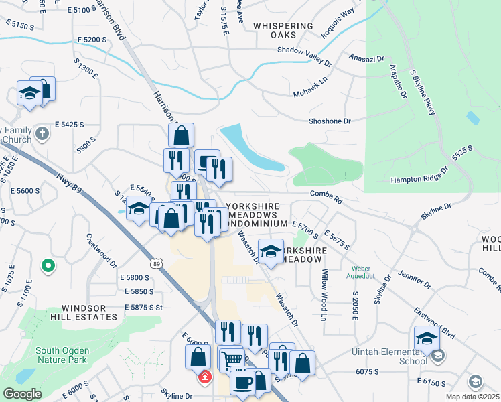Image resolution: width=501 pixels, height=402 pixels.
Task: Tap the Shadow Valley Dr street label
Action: (305, 54)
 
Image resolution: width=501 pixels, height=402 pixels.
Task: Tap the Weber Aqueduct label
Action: (360, 271)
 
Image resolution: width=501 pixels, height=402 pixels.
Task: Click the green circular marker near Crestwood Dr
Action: (48, 266)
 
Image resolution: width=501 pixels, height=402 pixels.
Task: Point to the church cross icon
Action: (42, 133)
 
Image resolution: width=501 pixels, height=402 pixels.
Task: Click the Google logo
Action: (22, 394)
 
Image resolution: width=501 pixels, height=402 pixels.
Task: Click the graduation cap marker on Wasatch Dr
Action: (270, 251)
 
